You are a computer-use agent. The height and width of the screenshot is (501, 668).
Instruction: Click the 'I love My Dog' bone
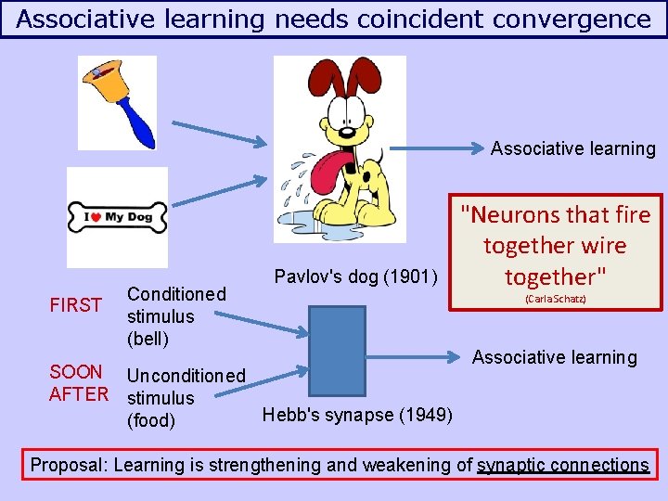(x=117, y=218)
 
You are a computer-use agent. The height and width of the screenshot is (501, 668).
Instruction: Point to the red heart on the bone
(x=94, y=218)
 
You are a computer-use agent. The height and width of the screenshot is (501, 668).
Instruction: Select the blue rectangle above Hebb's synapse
(x=337, y=351)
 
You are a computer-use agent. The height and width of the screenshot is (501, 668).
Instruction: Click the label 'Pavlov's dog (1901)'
(x=355, y=276)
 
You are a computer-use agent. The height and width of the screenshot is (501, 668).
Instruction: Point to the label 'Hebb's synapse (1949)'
(x=358, y=414)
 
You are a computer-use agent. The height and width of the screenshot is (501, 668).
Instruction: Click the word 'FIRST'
(x=75, y=305)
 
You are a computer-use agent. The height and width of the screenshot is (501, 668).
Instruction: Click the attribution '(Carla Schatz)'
(x=555, y=300)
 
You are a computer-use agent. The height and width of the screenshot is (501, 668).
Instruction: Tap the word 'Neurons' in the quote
(x=516, y=215)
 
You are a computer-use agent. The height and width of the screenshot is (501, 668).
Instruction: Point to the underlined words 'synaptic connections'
(x=562, y=465)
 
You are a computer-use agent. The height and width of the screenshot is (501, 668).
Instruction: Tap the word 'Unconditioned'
(x=186, y=376)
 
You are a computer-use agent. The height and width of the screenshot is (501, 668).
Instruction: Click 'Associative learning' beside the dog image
(x=572, y=148)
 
